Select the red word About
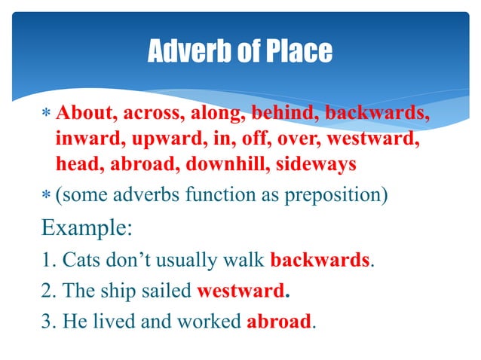pyautogui.click(x=82, y=114)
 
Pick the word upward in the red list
pyautogui.click(x=163, y=139)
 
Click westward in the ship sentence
pyautogui.click(x=241, y=291)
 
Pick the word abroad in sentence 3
pyautogui.click(x=278, y=322)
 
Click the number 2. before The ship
pyautogui.click(x=49, y=291)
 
